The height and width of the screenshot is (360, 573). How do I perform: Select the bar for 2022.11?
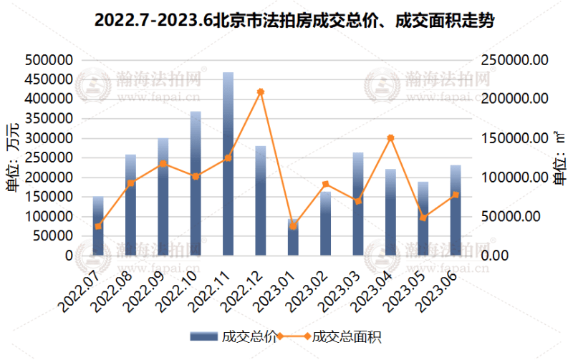coord(228,164)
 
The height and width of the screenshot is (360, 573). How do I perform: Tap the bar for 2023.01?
coord(293,237)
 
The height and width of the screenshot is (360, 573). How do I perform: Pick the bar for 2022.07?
coord(98,226)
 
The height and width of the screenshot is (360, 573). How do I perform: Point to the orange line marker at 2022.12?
coord(261,92)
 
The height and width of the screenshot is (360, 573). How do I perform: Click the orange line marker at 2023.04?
coord(390,138)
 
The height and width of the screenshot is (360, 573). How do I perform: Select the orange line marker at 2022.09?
coord(163,164)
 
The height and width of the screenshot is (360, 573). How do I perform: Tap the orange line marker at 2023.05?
coord(423,218)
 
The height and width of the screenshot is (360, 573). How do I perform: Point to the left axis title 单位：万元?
coord(14,157)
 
